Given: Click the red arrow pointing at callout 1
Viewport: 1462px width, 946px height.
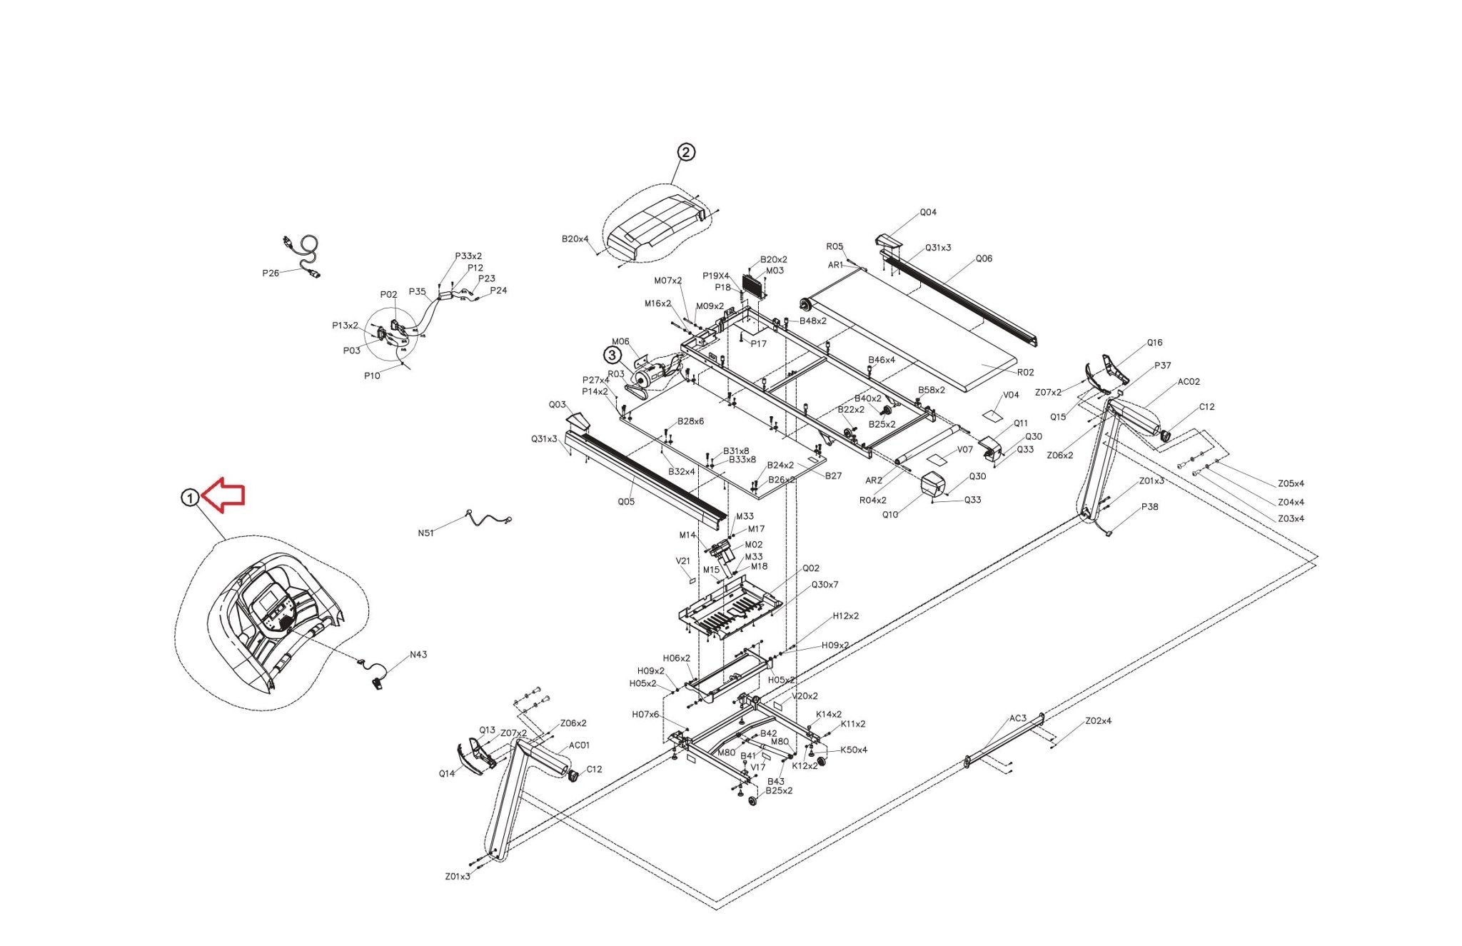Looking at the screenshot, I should coord(225,495).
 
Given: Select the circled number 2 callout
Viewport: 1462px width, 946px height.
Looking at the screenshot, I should coord(685,152).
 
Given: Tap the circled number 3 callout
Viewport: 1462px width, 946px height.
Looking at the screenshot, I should coord(612,354).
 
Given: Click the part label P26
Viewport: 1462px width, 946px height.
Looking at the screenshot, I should coord(271,273).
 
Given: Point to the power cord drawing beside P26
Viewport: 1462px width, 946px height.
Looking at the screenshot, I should coord(304,255).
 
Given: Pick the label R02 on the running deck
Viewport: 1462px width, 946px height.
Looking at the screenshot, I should coord(1025,372).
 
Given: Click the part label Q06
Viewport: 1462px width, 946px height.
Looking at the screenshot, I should coord(984,258).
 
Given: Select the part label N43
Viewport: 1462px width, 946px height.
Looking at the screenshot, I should coord(418,654).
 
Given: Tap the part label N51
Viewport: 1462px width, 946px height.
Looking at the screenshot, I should coord(425,533).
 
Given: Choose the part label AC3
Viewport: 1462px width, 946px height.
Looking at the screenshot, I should coord(1017,718).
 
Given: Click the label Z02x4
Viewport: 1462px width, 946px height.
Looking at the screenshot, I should coord(1098,721).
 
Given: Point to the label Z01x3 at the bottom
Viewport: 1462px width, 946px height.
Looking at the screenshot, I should coord(458,876).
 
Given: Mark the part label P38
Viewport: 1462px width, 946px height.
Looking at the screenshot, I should coord(1149,507).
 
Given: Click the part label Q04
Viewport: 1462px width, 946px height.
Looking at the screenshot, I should coord(928,212).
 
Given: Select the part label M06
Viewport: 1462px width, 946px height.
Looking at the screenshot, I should coord(620,341).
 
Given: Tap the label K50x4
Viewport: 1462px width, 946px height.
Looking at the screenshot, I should coord(854,750).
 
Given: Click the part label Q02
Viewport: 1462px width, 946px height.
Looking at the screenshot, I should coord(811,568).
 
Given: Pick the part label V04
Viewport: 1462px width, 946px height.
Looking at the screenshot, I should coord(1011,395).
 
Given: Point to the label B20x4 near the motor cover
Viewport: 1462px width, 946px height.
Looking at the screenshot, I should coord(575,239).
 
